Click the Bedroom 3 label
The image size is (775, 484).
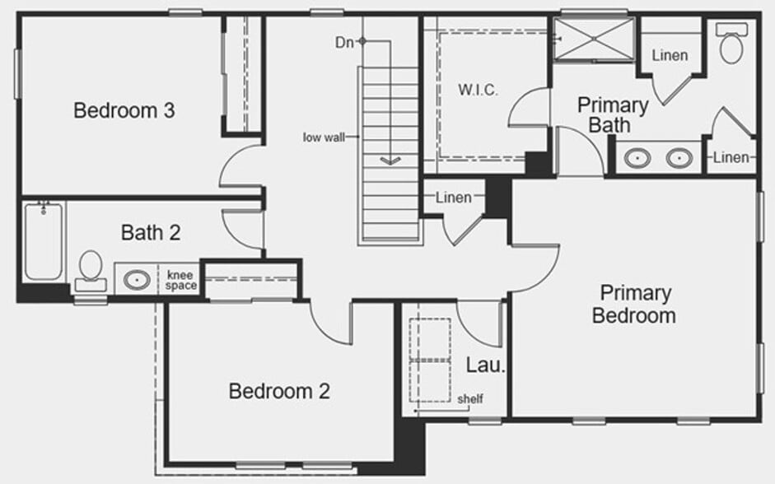click(124, 110)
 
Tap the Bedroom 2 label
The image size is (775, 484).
click(279, 391)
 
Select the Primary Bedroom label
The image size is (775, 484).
click(634, 304)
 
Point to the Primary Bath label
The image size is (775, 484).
click(612, 114)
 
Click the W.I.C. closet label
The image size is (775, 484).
click(478, 90)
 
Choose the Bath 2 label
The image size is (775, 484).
click(151, 233)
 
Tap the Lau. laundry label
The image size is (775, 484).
click(485, 365)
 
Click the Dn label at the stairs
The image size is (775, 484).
click(344, 41)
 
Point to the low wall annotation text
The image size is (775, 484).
click(324, 137)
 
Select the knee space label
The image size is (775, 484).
click(181, 280)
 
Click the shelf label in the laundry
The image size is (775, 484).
click(470, 400)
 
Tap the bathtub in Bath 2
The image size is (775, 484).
click(43, 240)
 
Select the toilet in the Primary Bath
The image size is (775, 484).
click(731, 44)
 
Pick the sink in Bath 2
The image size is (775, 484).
click(136, 280)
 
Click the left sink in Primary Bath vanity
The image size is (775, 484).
click(637, 158)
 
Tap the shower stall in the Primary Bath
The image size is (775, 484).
click(593, 39)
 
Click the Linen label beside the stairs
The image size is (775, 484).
click(454, 198)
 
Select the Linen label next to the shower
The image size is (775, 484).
click(670, 56)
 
